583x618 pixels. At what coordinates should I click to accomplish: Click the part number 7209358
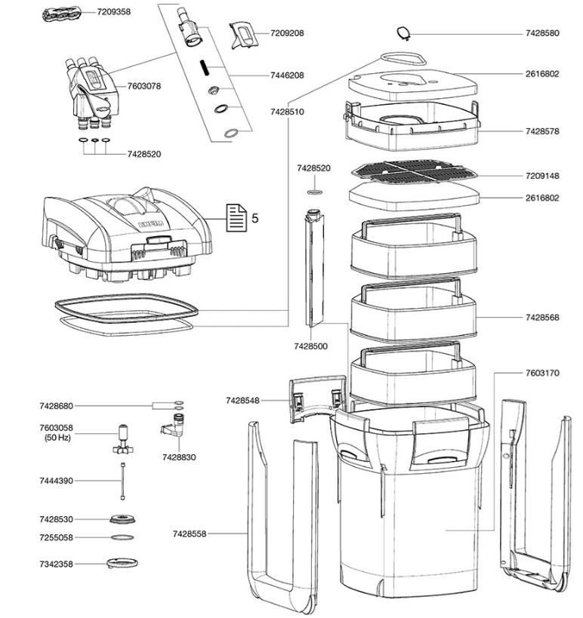114,12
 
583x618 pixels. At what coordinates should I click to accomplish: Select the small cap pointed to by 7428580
404,32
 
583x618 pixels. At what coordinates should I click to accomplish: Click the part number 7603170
542,373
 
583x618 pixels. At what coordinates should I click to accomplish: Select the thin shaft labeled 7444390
119,481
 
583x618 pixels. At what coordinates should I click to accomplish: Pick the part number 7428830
178,457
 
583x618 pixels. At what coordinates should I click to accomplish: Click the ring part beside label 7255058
119,537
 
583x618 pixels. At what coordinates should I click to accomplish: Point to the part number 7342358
57,564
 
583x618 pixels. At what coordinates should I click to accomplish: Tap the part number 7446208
287,75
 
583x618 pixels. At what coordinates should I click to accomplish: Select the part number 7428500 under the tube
311,346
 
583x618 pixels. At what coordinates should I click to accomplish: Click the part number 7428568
542,318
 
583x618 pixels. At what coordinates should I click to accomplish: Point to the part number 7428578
542,131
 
